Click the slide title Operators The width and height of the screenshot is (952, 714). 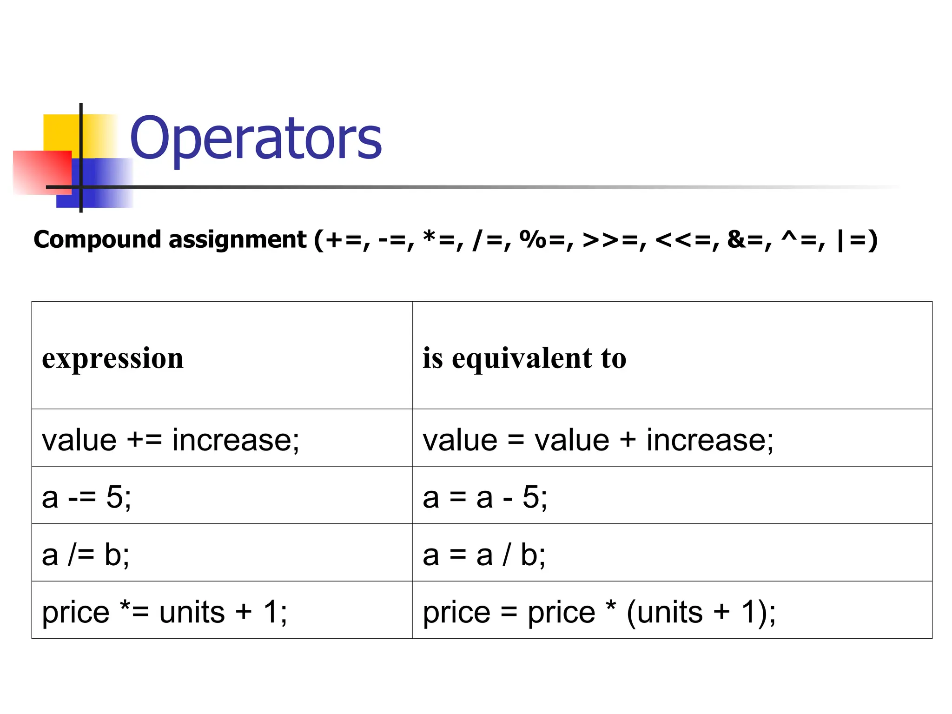(x=256, y=138)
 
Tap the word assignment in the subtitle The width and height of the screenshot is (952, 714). (x=237, y=240)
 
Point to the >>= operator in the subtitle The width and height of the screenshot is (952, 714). (x=609, y=240)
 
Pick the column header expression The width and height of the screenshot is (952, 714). (x=112, y=358)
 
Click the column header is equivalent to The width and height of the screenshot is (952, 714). (x=524, y=358)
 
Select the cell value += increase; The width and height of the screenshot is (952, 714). (x=171, y=439)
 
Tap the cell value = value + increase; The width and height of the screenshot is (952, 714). (x=598, y=439)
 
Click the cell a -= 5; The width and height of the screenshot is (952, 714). (x=86, y=496)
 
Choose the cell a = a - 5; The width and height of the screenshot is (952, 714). (x=485, y=496)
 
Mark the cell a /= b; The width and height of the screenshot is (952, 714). (x=86, y=554)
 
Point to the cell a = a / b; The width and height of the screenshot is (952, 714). (x=484, y=554)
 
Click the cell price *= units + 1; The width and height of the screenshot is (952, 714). (x=165, y=611)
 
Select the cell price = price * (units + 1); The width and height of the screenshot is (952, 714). (x=599, y=611)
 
